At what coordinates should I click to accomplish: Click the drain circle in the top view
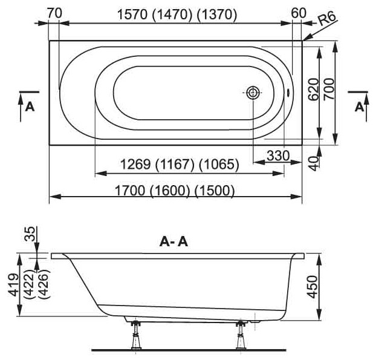[253, 93]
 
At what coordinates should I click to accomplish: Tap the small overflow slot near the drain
[288, 93]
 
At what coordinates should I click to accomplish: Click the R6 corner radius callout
[328, 19]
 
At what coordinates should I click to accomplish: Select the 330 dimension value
[278, 155]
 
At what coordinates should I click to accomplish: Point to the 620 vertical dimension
[314, 90]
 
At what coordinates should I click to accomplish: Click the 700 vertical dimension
[329, 89]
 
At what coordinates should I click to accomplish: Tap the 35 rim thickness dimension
[30, 234]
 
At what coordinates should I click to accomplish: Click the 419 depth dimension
[13, 284]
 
